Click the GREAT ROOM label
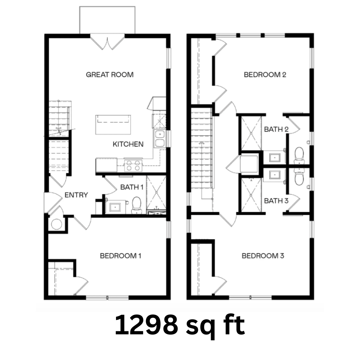click(110, 75)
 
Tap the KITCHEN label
click(128, 144)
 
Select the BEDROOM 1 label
click(121, 256)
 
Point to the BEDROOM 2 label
click(265, 75)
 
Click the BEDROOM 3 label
click(263, 256)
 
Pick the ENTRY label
click(76, 195)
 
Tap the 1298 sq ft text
click(180, 326)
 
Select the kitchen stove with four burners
click(133, 165)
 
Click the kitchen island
click(113, 125)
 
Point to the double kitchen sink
click(160, 138)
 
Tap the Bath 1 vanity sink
click(115, 207)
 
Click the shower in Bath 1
click(156, 192)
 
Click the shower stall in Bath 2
click(251, 133)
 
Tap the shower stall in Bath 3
click(251, 195)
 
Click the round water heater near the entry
click(56, 224)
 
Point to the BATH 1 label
click(132, 187)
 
